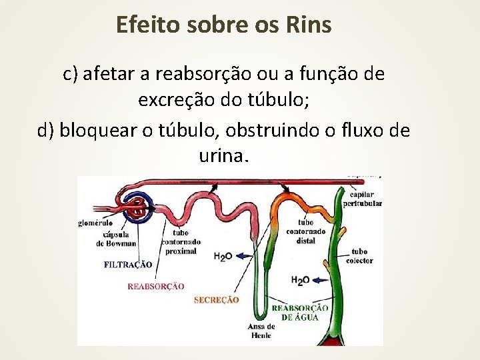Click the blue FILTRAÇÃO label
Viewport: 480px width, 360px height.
128,265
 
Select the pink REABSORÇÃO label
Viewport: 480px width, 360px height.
155,286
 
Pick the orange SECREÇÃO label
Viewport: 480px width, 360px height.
216,300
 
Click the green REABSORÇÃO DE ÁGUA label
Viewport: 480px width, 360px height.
300,312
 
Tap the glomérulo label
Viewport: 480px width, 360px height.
95,223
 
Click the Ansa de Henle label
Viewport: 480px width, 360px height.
261,330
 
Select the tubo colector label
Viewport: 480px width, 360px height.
359,257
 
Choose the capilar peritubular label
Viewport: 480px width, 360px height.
362,199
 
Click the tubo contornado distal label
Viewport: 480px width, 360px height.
306,231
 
